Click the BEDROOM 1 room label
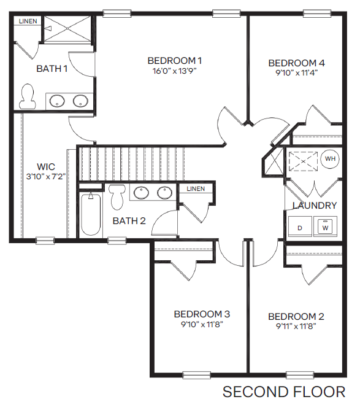[175, 61]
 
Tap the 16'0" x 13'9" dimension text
[175, 71]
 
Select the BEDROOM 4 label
[296, 63]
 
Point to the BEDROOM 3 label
[202, 314]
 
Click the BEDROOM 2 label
[296, 317]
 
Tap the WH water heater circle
[331, 159]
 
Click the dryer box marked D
[300, 227]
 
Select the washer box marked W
[325, 227]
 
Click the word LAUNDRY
[315, 206]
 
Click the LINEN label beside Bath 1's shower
[28, 21]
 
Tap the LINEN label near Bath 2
[196, 188]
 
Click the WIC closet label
[45, 166]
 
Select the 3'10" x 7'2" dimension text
[45, 176]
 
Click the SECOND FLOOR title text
[283, 392]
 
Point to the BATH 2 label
[129, 220]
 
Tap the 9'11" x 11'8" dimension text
[296, 327]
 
